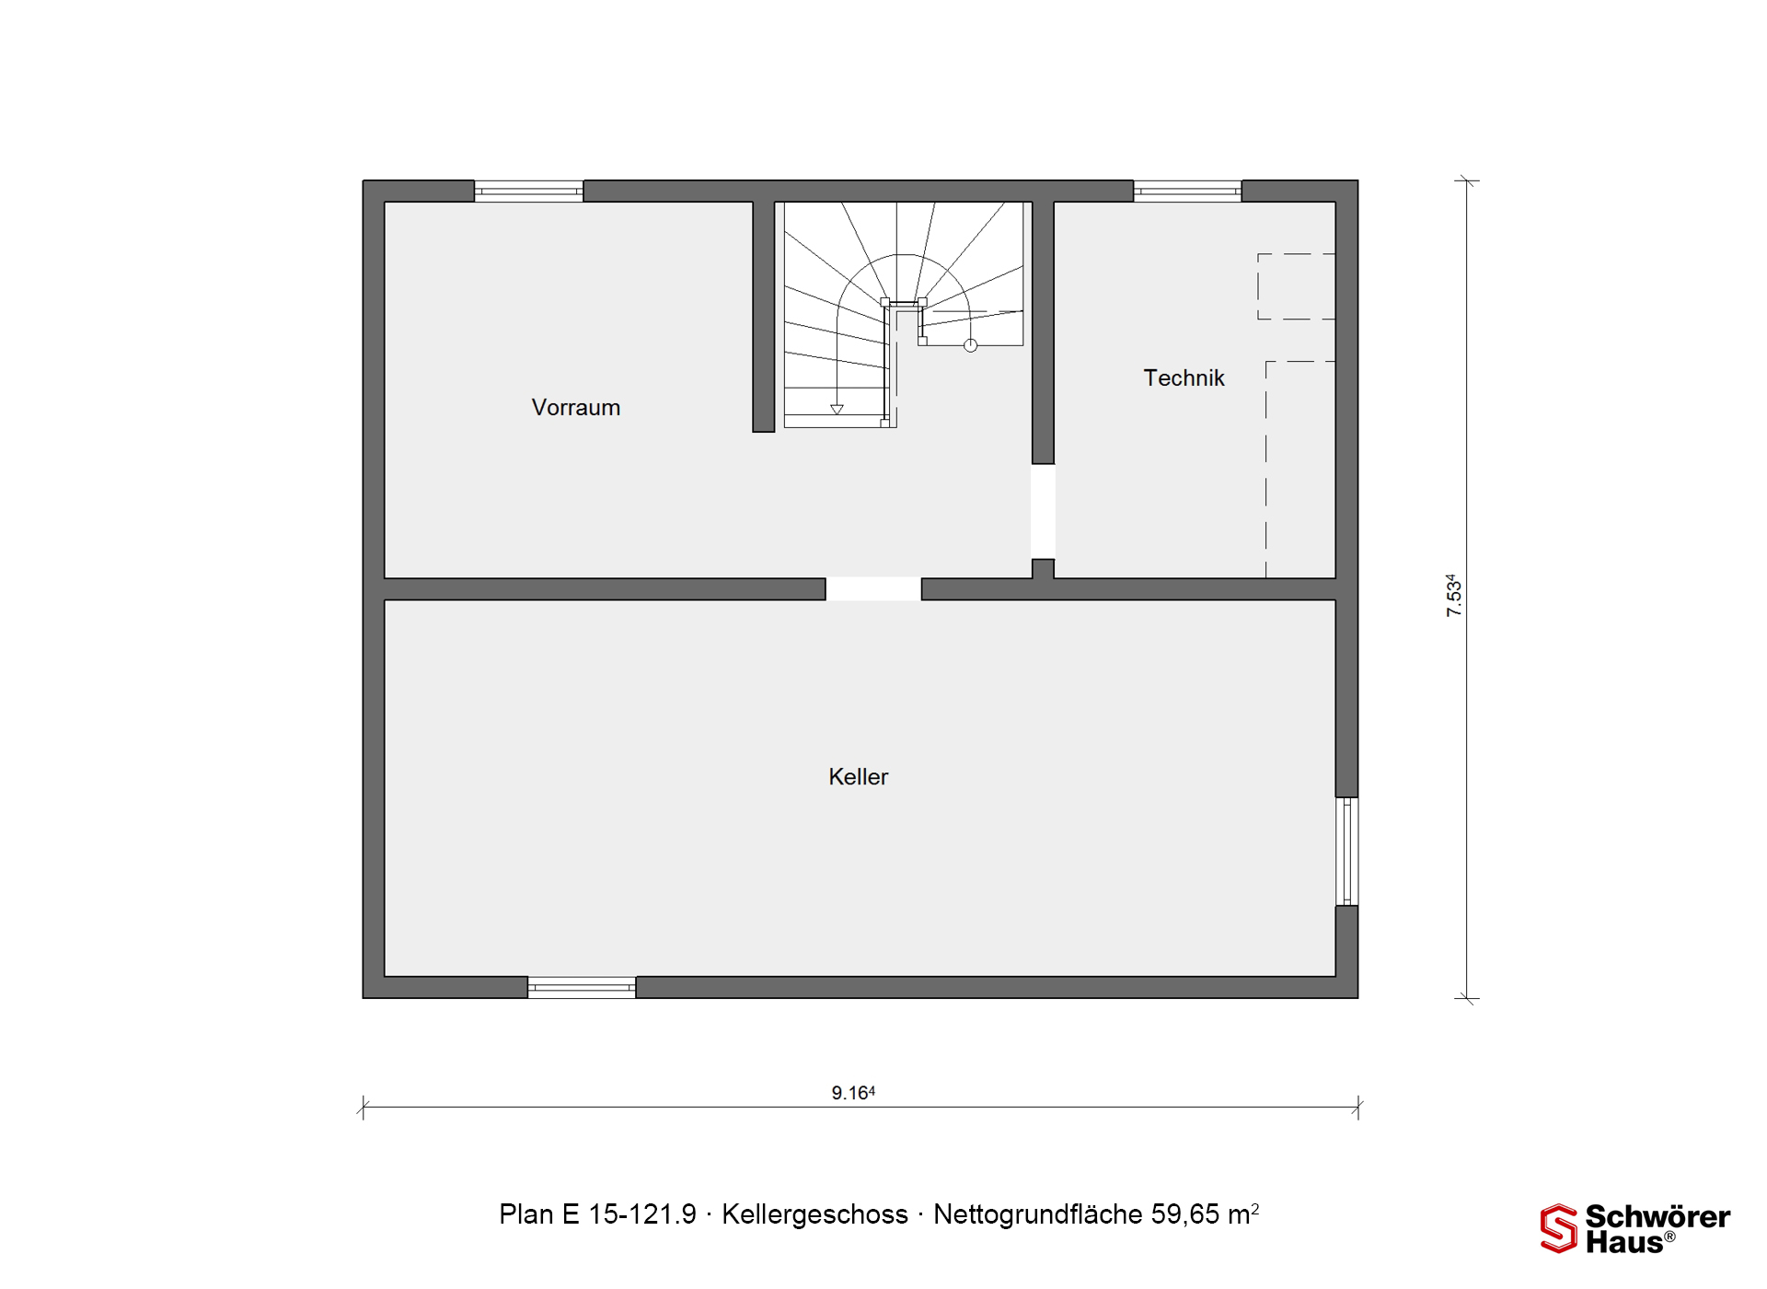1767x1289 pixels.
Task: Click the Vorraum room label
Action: pyautogui.click(x=576, y=407)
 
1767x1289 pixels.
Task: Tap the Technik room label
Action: pyautogui.click(x=1184, y=377)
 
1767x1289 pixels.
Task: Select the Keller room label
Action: pyautogui.click(x=858, y=776)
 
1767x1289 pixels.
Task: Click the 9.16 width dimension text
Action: pyautogui.click(x=853, y=1093)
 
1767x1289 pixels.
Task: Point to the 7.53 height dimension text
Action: pyautogui.click(x=1453, y=596)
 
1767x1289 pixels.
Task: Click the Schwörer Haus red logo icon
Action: pyautogui.click(x=1559, y=1228)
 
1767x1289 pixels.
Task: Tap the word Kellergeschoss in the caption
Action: pyautogui.click(x=814, y=1214)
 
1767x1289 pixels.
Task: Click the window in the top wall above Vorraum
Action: pyautogui.click(x=528, y=191)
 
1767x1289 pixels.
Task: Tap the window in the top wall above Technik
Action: pyautogui.click(x=1187, y=191)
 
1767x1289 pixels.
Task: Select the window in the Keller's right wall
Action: pyautogui.click(x=1346, y=852)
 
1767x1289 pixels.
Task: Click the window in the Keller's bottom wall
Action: pyautogui.click(x=582, y=987)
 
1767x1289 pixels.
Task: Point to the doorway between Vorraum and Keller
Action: pyautogui.click(x=873, y=589)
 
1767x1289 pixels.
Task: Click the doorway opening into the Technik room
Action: pyautogui.click(x=1043, y=511)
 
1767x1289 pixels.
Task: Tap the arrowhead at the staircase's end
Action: pyautogui.click(x=837, y=410)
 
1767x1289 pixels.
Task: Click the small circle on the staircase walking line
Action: pyautogui.click(x=970, y=346)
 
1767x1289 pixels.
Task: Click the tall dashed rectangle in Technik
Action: pyautogui.click(x=1266, y=470)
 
